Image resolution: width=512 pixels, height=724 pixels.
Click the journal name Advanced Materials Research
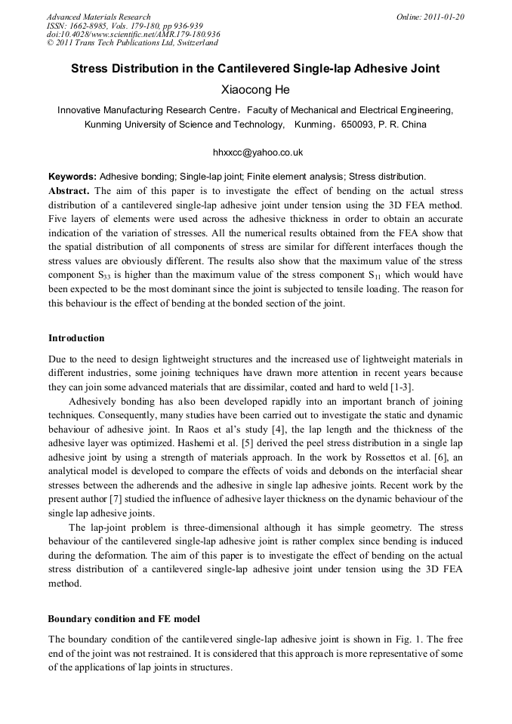click(x=98, y=17)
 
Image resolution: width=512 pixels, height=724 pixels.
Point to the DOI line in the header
click(x=133, y=35)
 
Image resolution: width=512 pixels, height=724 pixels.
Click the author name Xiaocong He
click(x=255, y=90)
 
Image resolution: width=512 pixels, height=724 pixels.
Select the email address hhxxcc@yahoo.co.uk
click(x=258, y=152)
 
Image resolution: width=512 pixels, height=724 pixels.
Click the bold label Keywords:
click(x=72, y=176)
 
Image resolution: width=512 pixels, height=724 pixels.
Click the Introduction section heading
click(x=76, y=337)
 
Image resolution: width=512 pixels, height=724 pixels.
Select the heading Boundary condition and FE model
click(x=124, y=619)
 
